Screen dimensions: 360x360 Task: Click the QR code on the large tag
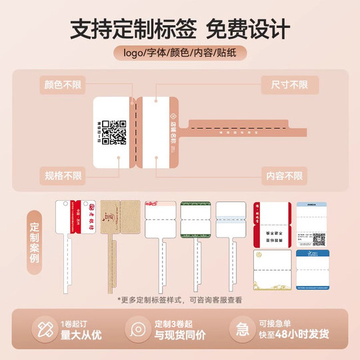point(117,132)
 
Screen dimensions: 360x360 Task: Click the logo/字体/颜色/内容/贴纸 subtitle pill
point(179,53)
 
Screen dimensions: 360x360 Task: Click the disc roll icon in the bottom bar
point(135,329)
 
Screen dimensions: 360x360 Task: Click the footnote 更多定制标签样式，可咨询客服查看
point(179,300)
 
